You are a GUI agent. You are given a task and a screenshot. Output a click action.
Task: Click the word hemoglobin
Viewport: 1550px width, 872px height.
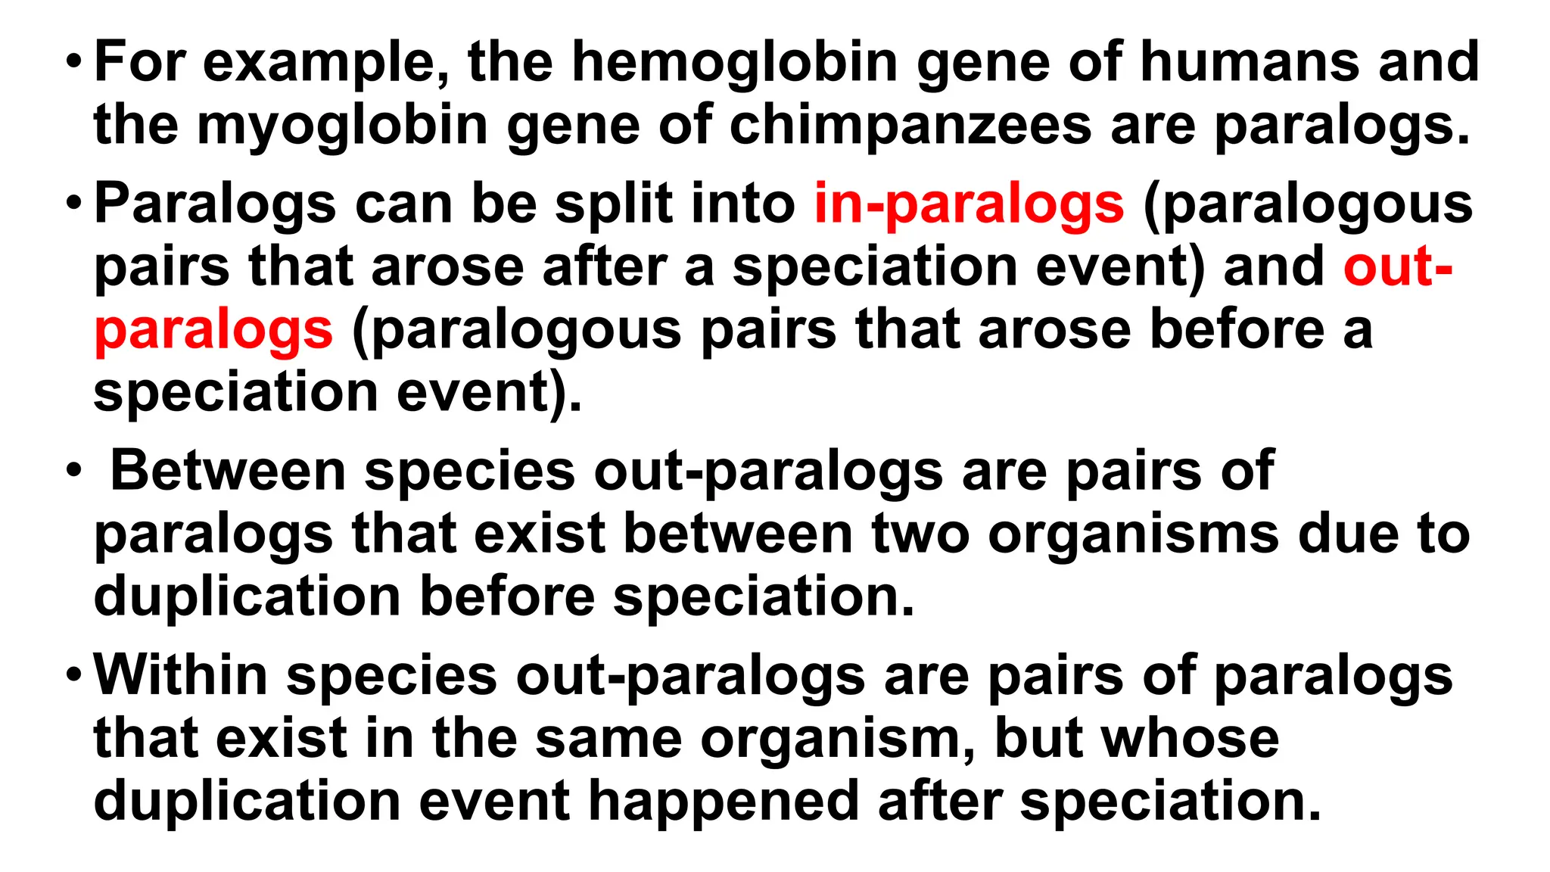click(x=734, y=62)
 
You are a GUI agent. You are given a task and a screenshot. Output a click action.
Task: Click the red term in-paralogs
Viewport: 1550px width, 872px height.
click(x=969, y=204)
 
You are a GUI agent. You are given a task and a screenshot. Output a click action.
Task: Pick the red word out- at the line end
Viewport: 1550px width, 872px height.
click(x=1397, y=266)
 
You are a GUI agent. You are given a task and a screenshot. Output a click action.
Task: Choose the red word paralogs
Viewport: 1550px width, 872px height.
click(x=213, y=331)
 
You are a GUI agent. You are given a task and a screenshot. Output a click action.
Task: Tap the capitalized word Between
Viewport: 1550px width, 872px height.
click(x=229, y=471)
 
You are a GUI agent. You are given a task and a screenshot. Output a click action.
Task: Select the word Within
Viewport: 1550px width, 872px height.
click(x=181, y=675)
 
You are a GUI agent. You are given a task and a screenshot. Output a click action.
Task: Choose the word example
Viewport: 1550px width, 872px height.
click(x=325, y=62)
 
